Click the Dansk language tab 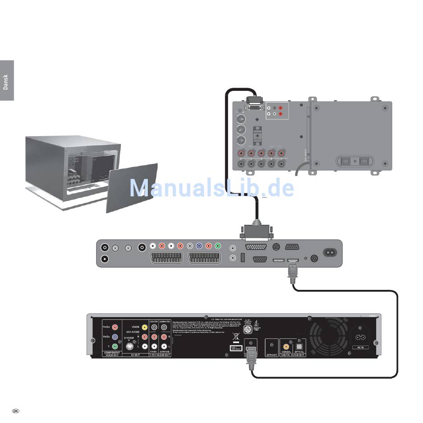click(x=6, y=81)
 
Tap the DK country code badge click(x=16, y=411)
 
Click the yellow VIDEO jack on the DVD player click(x=144, y=327)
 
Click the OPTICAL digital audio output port click(x=299, y=345)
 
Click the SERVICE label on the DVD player click(x=271, y=355)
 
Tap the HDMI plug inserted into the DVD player click(x=251, y=358)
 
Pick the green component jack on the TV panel click(x=217, y=245)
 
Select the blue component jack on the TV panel click(x=199, y=245)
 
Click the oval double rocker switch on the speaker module click(x=354, y=161)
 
